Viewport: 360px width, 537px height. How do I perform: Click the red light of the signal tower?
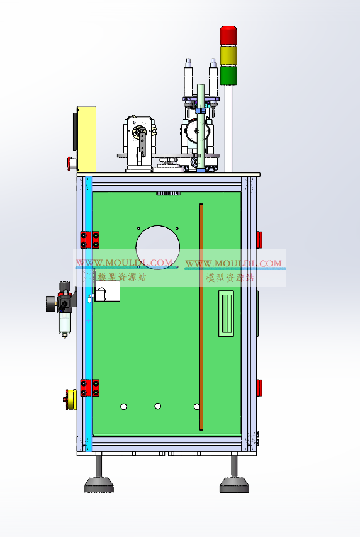coord(228,35)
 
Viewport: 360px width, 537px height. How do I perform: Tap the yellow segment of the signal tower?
coord(228,55)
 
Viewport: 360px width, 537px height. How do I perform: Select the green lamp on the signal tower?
coord(228,76)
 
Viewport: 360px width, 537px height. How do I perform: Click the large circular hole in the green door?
coord(157,247)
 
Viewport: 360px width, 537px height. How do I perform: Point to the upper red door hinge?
coord(90,240)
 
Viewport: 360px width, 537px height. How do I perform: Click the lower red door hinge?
coord(90,388)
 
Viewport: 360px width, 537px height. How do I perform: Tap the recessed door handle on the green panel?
coord(226,314)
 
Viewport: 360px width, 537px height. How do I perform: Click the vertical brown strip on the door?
coord(201,317)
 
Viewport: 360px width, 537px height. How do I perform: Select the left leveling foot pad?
coord(99,485)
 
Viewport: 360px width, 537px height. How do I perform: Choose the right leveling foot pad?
coord(234,485)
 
